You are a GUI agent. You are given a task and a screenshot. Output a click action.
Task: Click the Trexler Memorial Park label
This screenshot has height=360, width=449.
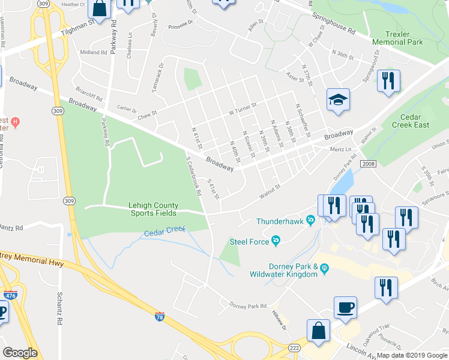coord(397,38)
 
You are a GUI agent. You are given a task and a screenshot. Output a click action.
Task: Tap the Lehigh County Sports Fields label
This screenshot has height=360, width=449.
coord(152,209)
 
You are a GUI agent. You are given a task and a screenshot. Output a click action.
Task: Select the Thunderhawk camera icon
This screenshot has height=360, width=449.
coord(310,221)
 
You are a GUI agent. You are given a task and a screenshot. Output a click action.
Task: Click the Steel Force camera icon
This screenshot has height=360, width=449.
coord(276,241)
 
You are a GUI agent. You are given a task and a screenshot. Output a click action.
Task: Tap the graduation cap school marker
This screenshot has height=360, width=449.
coord(339,101)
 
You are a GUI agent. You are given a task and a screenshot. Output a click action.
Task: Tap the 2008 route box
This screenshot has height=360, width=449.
coord(368,163)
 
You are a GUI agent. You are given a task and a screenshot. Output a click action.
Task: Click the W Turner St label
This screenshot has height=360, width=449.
coord(243,109)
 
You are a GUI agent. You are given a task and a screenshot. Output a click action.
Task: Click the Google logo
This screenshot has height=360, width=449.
coord(20,353)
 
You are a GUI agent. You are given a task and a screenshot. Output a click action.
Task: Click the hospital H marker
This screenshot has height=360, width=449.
coord(15,122)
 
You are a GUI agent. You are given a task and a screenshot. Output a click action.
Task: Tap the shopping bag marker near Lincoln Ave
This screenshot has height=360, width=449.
coord(318,331)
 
